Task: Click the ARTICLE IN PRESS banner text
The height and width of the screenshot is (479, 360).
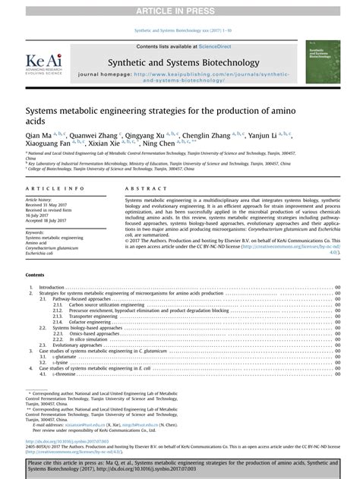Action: [x=180, y=8]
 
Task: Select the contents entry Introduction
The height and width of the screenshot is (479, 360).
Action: [x=52, y=288]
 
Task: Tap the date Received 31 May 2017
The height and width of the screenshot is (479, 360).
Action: [x=50, y=205]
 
